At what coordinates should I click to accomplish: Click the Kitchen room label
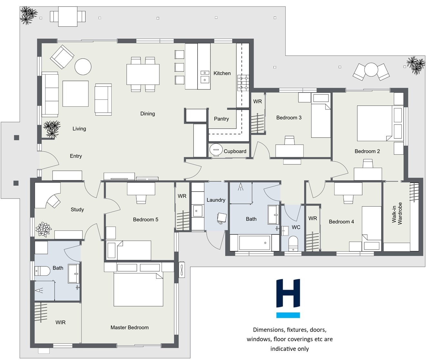click(x=222, y=73)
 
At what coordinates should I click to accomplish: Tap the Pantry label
click(x=221, y=119)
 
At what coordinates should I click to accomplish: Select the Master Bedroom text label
click(x=130, y=327)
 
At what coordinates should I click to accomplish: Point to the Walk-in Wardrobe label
click(x=397, y=213)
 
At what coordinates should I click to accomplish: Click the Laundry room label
click(x=216, y=200)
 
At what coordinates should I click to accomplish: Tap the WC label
click(x=296, y=227)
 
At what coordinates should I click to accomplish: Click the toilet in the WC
click(x=293, y=243)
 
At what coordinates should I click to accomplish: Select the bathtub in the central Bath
click(x=254, y=243)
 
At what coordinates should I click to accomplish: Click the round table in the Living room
click(x=83, y=67)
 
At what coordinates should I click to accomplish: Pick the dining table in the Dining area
click(x=143, y=74)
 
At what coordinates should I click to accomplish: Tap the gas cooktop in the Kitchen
click(x=243, y=83)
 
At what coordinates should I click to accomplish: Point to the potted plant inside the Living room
click(x=52, y=129)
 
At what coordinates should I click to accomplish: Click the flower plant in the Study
click(x=44, y=229)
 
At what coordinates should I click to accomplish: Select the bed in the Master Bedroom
click(x=138, y=289)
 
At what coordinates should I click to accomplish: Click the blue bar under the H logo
click(x=288, y=315)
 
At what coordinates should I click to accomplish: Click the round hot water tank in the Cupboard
click(x=216, y=149)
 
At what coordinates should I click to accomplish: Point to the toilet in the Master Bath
click(x=42, y=271)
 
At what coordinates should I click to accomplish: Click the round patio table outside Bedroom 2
click(x=371, y=70)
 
